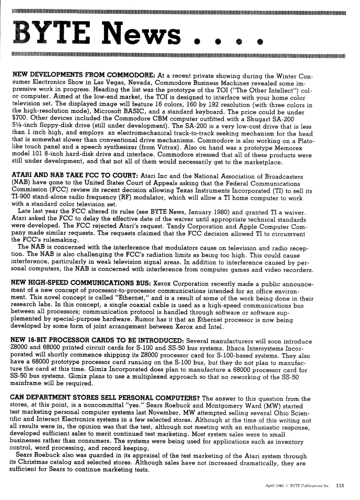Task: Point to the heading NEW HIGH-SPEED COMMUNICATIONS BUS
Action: [x=81, y=283]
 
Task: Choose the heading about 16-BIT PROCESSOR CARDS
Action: [x=97, y=340]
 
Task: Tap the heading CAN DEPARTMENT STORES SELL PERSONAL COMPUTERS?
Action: [x=105, y=398]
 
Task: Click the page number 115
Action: [x=340, y=485]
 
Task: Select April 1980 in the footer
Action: [x=274, y=486]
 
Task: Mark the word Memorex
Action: [x=289, y=148]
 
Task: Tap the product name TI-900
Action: [x=23, y=197]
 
